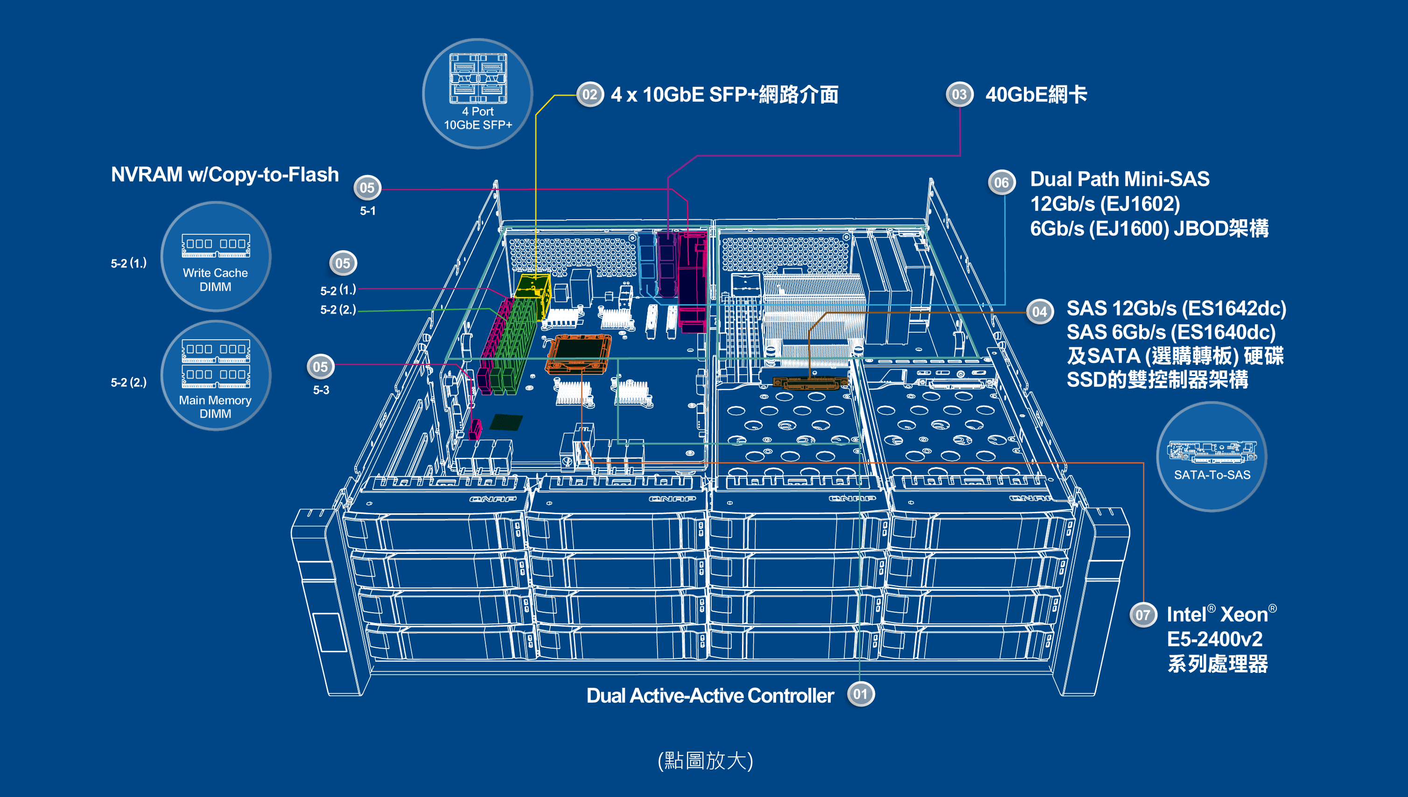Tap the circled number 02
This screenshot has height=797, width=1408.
[x=589, y=95]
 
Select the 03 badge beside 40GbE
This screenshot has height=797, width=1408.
[x=959, y=95]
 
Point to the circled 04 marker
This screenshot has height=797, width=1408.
[x=1039, y=312]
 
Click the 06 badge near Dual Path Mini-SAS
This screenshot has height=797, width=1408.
[x=1001, y=182]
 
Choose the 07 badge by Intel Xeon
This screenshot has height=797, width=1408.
[x=1142, y=615]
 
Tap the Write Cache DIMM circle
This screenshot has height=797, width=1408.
[x=216, y=257]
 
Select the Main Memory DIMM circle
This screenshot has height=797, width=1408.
[x=216, y=376]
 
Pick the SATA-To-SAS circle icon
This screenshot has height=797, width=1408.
[x=1212, y=456]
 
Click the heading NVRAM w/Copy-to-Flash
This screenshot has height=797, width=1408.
[x=224, y=175]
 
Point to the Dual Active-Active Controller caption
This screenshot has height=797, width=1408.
[x=709, y=696]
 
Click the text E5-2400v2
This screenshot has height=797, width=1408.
[x=1214, y=639]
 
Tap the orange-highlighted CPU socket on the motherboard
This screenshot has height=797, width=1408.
[x=578, y=354]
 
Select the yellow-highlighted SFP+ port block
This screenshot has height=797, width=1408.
[x=532, y=295]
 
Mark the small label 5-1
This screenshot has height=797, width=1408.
[x=368, y=211]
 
